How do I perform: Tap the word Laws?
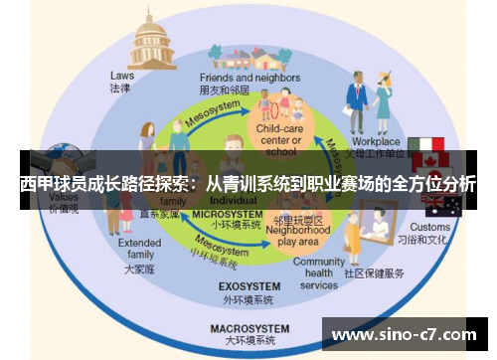coord(122,75)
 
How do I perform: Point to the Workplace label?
coord(375,142)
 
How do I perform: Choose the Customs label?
coord(430,227)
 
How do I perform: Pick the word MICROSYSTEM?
coord(224,214)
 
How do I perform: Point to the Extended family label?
coord(139,249)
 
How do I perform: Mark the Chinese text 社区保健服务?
coord(375,272)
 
